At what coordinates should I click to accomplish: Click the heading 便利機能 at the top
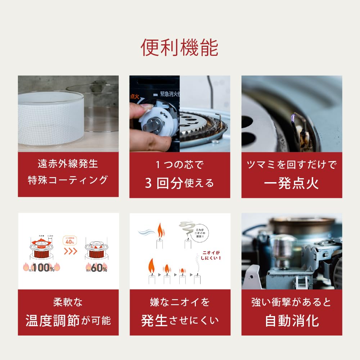coord(180,48)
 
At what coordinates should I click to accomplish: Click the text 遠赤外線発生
coord(68,164)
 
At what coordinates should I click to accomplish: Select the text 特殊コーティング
coord(68,180)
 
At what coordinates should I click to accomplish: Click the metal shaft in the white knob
coord(152,127)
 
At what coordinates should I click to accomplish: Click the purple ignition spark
coord(294,117)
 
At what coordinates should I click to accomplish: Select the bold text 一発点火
coord(292,183)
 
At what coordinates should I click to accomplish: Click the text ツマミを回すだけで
coord(292,165)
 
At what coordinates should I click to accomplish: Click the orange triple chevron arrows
coord(70,251)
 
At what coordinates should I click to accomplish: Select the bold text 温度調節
coord(53,320)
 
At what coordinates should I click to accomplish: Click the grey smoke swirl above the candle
coord(186,228)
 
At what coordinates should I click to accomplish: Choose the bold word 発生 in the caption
coord(154,320)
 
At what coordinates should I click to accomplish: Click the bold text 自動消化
coord(292,320)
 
